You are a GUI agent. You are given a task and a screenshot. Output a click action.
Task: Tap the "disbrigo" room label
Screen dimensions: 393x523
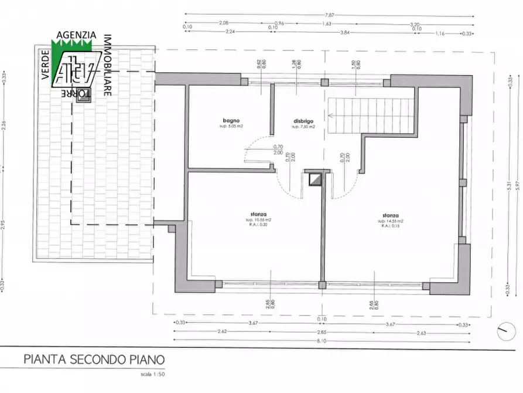tap(304, 121)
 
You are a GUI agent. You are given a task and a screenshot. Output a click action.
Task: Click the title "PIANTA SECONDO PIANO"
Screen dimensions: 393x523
tap(94, 359)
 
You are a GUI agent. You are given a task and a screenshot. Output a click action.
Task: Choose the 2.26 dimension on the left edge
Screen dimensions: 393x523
tap(5, 124)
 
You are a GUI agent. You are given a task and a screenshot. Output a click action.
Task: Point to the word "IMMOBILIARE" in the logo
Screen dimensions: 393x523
tap(108, 65)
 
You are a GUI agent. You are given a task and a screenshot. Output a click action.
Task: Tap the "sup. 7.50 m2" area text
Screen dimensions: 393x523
tap(304, 127)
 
